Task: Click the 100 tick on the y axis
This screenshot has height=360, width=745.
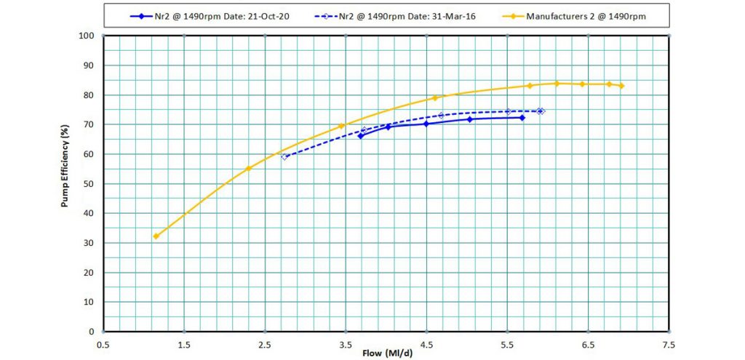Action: (88, 36)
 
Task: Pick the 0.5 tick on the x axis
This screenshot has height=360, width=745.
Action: (103, 343)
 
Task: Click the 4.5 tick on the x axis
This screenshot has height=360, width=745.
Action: (427, 343)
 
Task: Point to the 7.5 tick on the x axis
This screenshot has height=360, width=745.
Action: (669, 343)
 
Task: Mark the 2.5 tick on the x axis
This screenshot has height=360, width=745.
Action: (265, 343)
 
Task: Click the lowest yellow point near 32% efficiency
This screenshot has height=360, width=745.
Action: (156, 236)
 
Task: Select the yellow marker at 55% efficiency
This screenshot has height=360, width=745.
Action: (248, 169)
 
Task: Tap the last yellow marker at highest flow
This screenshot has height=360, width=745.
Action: (621, 86)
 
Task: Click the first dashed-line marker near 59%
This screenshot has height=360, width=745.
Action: (284, 156)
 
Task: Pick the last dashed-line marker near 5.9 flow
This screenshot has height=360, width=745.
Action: (541, 111)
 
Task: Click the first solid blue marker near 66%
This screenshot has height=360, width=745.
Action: (360, 136)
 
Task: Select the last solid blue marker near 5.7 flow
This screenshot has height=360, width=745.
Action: (522, 118)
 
